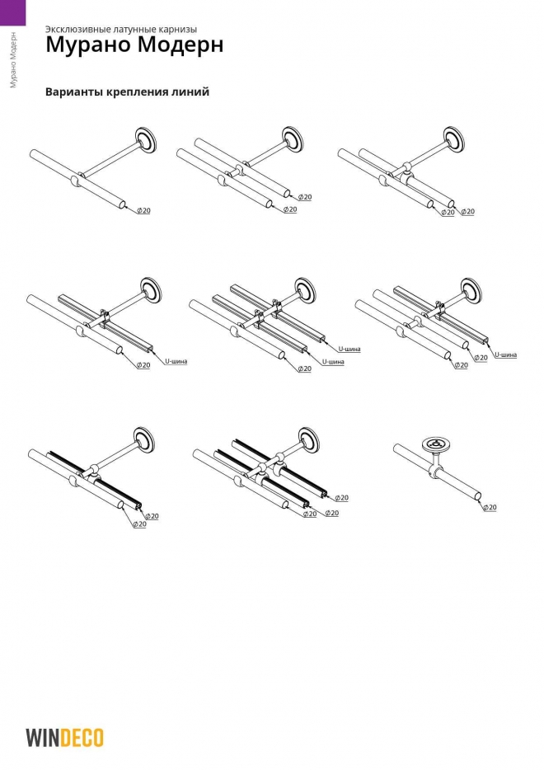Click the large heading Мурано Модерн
[x=134, y=45]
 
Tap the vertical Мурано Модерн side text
[x=13, y=60]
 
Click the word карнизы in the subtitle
[x=176, y=30]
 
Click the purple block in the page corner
[x=12, y=12]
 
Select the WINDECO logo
[x=64, y=738]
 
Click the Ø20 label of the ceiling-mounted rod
[x=490, y=507]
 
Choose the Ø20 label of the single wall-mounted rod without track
[x=143, y=210]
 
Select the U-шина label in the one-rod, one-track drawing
[x=176, y=361]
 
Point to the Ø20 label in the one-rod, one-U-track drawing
[x=143, y=365]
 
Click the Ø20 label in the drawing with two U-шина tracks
[x=304, y=369]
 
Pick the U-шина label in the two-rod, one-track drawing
[x=506, y=354]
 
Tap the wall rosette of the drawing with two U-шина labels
[x=306, y=290]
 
